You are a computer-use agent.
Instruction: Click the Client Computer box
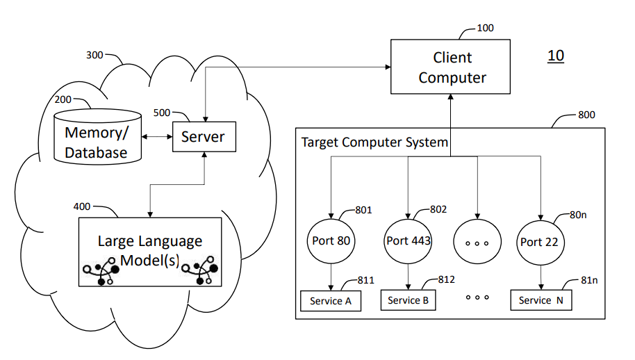(452, 67)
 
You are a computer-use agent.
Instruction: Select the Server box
(204, 137)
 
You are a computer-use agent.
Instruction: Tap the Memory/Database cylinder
(97, 136)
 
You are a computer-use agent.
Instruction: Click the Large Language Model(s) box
(150, 252)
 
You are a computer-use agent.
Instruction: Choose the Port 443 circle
(409, 241)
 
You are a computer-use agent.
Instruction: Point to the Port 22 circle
(540, 242)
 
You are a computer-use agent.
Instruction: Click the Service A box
(330, 301)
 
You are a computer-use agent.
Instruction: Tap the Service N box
(541, 300)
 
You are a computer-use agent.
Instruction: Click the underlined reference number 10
(556, 56)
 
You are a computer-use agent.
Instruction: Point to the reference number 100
(486, 28)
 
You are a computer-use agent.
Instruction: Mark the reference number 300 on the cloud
(95, 54)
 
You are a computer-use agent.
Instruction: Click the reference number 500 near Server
(161, 113)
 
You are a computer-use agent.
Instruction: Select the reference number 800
(586, 115)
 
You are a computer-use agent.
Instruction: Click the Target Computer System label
(374, 142)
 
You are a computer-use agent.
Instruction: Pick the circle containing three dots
(477, 242)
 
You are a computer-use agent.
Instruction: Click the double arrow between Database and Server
(157, 137)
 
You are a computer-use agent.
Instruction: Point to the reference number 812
(447, 279)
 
